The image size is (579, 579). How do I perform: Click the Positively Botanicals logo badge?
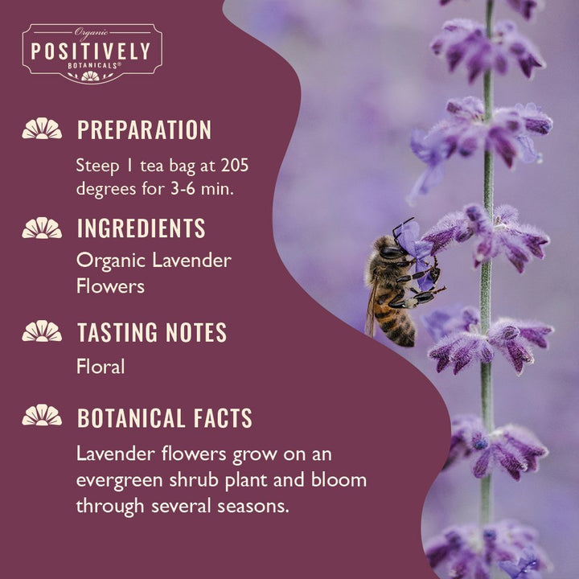tap(92, 52)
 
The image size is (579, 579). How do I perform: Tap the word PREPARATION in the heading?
tap(144, 130)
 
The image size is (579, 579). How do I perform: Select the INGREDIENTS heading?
tap(141, 228)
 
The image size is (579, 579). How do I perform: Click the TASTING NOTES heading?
tap(151, 332)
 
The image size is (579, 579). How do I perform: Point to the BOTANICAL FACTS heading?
tap(164, 418)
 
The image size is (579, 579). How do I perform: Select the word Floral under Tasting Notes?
tap(101, 367)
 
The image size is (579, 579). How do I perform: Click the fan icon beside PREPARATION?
tap(42, 129)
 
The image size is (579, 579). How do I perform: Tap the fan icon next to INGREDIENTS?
tap(42, 228)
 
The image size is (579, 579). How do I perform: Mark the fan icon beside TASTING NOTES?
tap(42, 331)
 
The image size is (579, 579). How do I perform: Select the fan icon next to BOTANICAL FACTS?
tap(42, 416)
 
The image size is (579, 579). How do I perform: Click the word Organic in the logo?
tap(91, 32)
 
